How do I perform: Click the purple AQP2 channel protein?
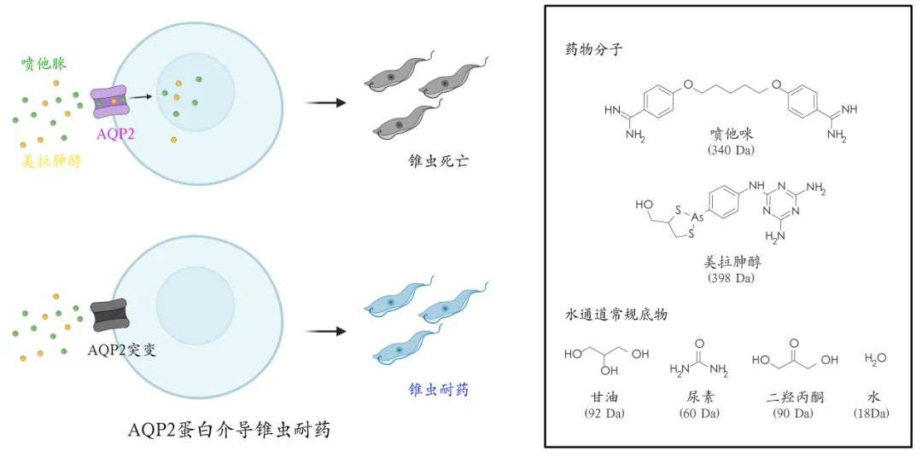(109, 101)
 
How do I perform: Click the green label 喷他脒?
(44, 64)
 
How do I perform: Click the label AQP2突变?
(122, 350)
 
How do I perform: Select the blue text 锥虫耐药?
(438, 391)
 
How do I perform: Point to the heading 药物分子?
(588, 49)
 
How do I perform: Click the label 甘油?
(605, 398)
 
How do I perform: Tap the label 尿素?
(698, 398)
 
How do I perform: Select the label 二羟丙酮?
(794, 398)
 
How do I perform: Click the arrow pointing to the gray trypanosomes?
(326, 103)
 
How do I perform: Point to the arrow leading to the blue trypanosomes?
(326, 331)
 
